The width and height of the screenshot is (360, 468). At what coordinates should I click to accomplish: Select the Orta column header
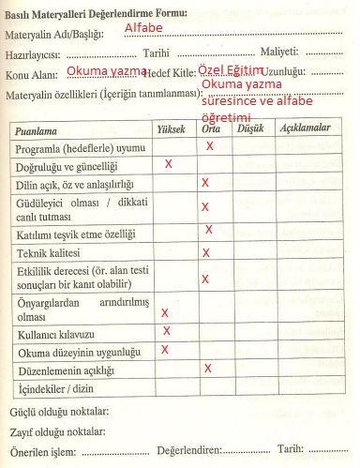tap(212, 128)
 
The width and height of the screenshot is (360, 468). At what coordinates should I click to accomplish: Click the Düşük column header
tap(247, 128)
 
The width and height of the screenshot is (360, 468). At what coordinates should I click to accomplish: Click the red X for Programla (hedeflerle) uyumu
tap(210, 146)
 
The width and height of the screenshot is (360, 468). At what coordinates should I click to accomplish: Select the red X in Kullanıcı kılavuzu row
tap(167, 331)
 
